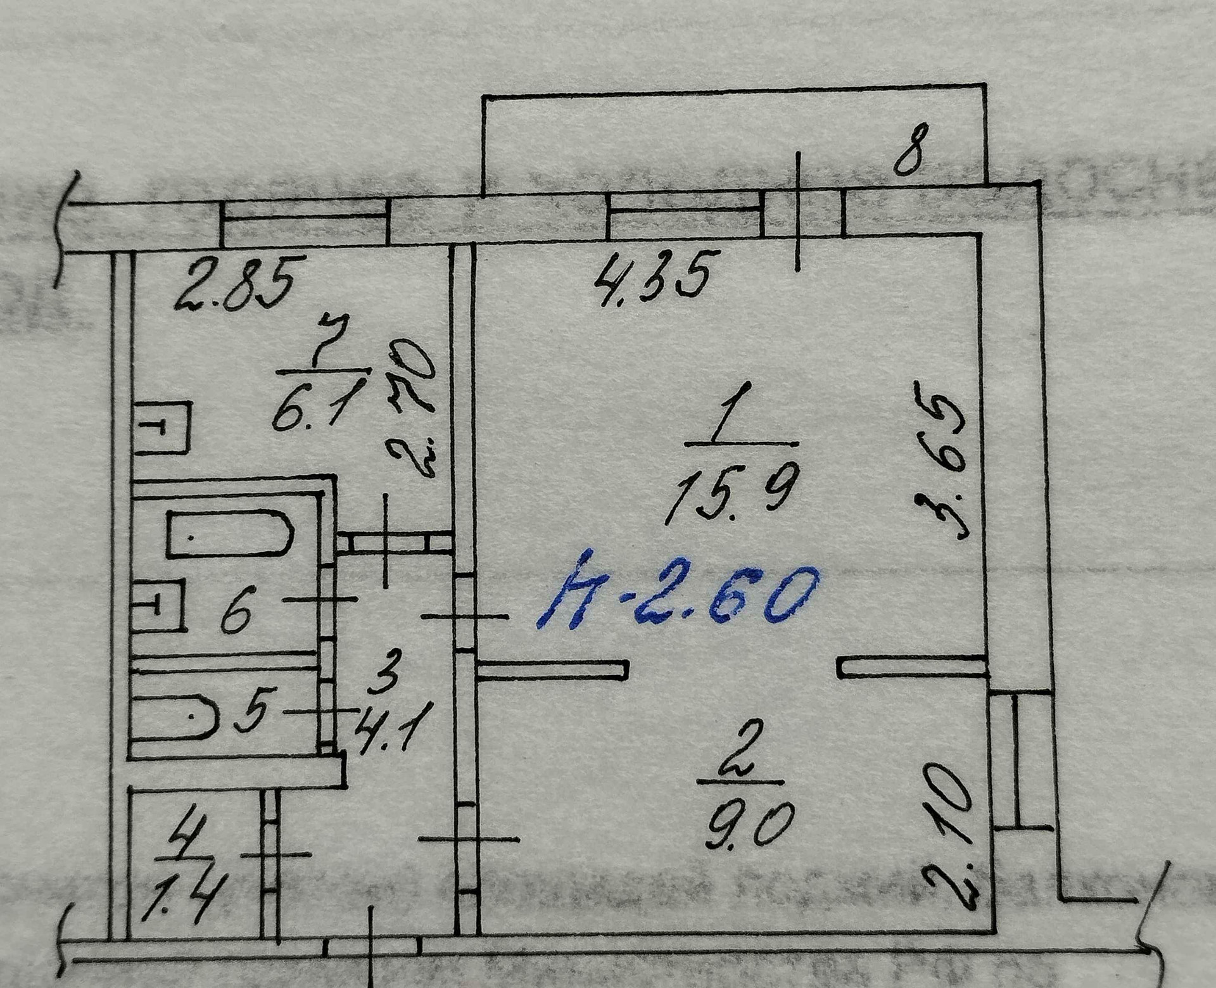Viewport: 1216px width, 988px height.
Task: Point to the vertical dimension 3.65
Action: [940, 459]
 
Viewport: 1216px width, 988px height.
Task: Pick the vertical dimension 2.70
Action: [411, 408]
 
